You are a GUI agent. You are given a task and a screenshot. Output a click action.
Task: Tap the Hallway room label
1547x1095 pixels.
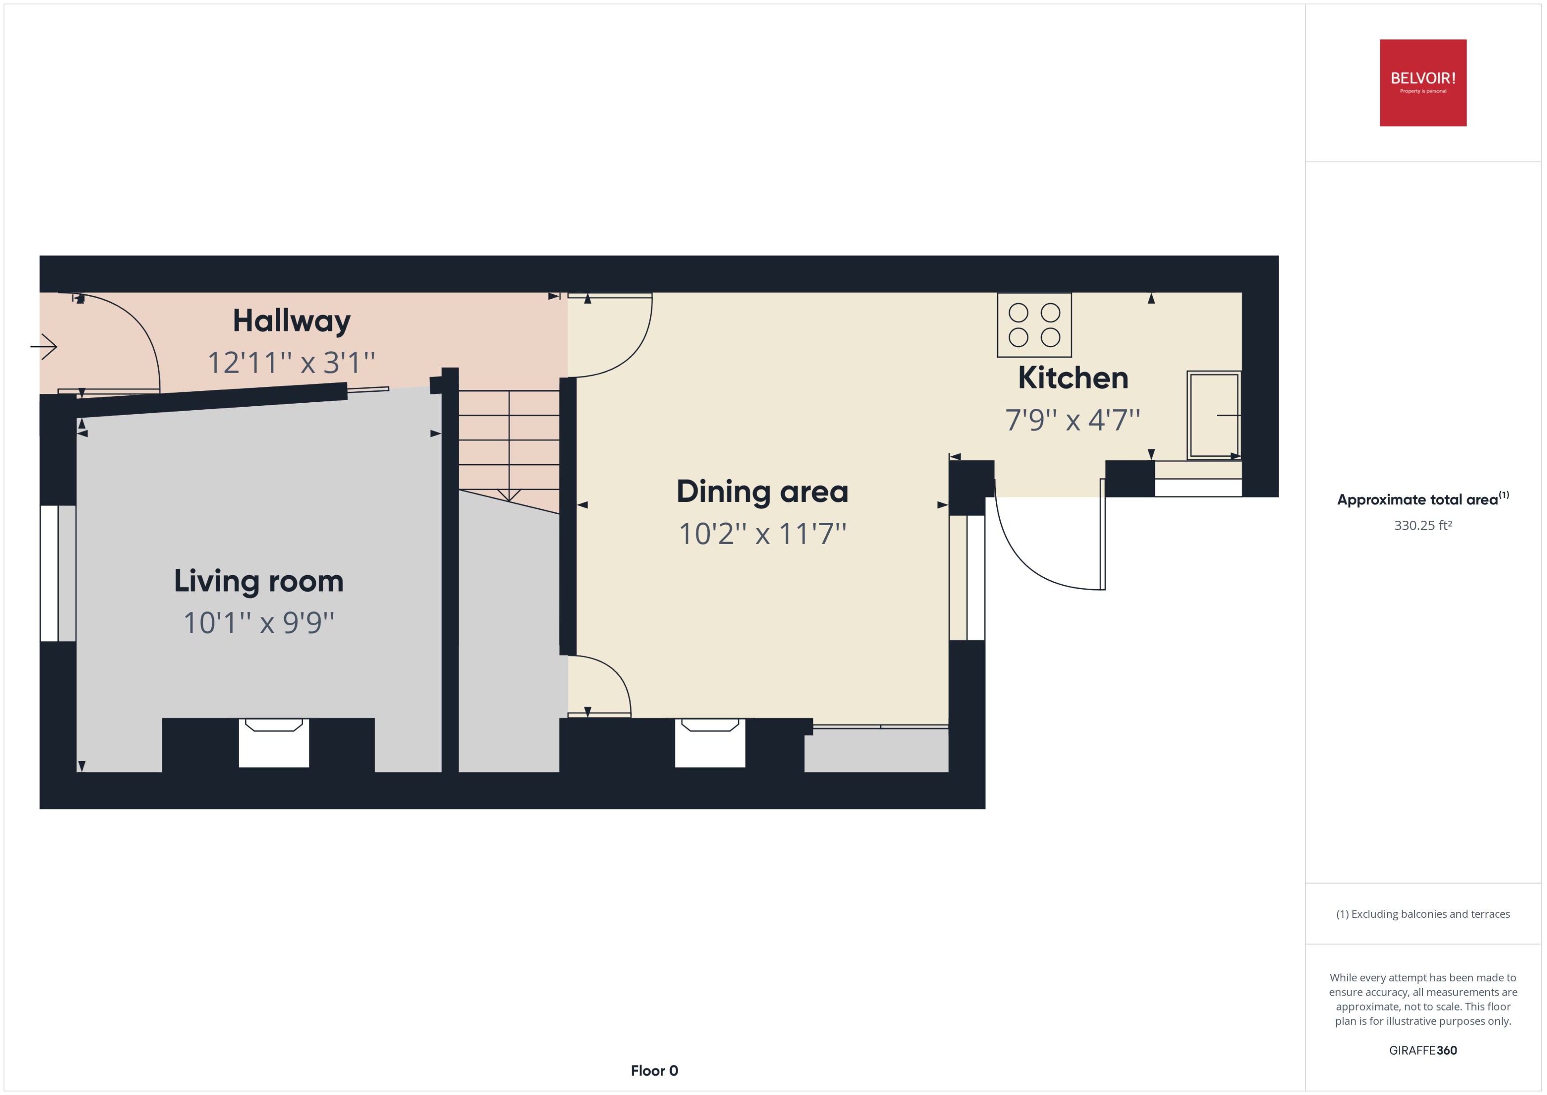(x=291, y=321)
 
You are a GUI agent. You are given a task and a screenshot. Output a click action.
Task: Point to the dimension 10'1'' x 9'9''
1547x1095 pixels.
(x=259, y=622)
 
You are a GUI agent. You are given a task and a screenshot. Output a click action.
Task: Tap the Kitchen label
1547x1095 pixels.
(x=1072, y=378)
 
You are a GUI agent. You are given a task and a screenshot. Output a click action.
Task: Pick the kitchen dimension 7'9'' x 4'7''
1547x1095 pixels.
(x=1072, y=420)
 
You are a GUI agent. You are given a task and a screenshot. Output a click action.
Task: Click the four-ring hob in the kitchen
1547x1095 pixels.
(x=1034, y=325)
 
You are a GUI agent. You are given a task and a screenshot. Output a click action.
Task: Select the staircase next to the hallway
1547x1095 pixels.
(x=509, y=445)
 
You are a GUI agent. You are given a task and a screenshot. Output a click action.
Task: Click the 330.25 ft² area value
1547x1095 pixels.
(x=1422, y=525)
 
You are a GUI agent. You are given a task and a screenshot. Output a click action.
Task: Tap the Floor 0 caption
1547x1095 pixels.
(x=654, y=1071)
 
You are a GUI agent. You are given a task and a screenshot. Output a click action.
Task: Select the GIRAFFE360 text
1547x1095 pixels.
(x=1422, y=1050)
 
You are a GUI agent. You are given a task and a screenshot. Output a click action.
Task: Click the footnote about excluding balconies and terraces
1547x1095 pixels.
(x=1422, y=914)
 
